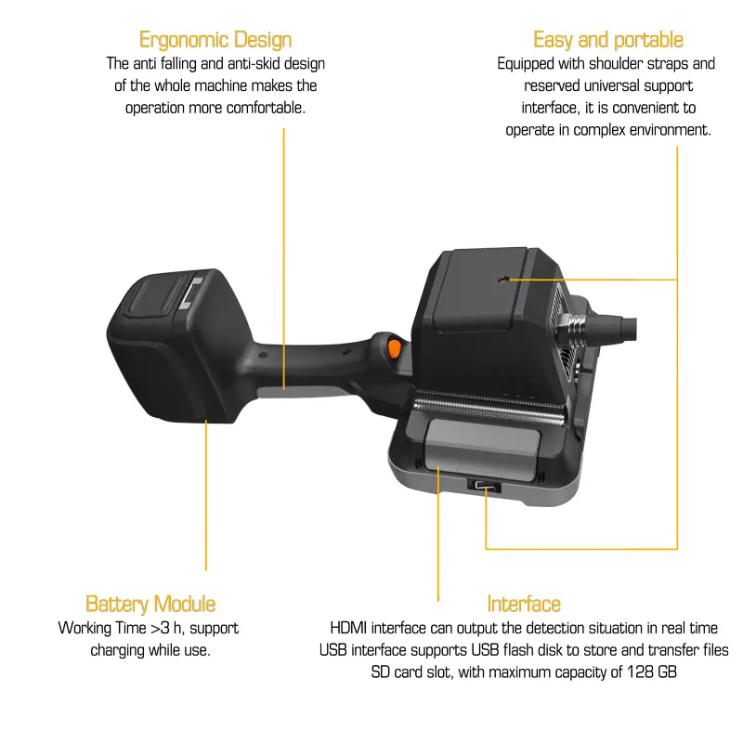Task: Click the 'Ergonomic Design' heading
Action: [x=215, y=40]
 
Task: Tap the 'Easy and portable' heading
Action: [x=608, y=40]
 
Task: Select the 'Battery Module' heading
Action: [x=150, y=605]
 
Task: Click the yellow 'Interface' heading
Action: [x=524, y=605]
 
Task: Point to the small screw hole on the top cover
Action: [x=503, y=280]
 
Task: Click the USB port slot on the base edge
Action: [x=485, y=486]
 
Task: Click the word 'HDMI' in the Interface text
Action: [x=349, y=629]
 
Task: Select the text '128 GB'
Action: [x=652, y=671]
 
